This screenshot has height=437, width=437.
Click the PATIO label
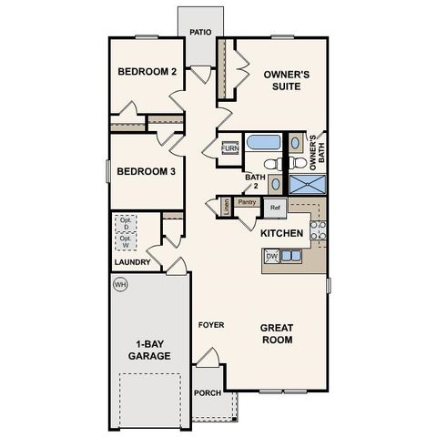[x=200, y=32]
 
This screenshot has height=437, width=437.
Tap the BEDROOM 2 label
[x=147, y=73]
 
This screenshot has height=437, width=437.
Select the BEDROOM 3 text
[x=147, y=171]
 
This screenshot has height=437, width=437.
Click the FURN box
[x=229, y=147]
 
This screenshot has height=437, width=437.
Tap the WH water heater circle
[x=119, y=284]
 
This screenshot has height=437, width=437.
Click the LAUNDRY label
[x=132, y=263]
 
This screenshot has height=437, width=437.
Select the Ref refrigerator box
[x=274, y=207]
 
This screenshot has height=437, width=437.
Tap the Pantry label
[x=246, y=202]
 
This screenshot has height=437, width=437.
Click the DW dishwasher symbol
[x=270, y=257]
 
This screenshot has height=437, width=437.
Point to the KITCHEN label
[x=281, y=234]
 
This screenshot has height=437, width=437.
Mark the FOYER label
[x=211, y=325]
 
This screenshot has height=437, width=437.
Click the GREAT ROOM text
[x=276, y=333]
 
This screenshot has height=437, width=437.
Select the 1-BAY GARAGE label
[x=147, y=350]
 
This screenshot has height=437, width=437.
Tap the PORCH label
[x=207, y=393]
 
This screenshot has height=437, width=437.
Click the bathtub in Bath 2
[x=266, y=143]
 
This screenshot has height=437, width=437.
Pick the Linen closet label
[x=226, y=206]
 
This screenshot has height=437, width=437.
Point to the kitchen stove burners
[x=318, y=229]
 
